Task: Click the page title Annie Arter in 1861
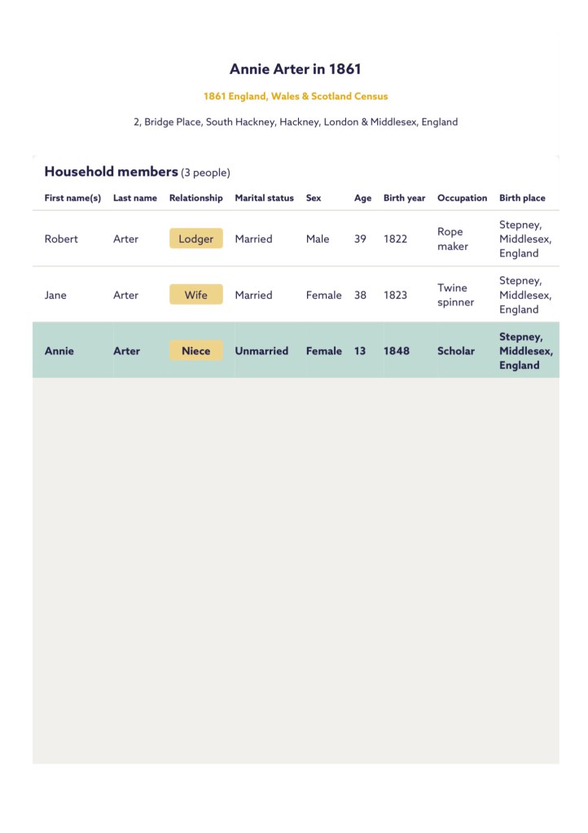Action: point(295,69)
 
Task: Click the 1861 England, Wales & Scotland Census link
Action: point(296,96)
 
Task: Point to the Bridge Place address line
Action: point(296,122)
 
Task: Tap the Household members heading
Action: point(111,172)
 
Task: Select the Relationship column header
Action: point(195,198)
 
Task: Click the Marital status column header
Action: point(264,198)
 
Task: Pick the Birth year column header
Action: point(404,198)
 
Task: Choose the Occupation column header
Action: point(462,198)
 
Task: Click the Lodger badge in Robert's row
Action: point(195,239)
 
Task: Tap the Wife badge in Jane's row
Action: point(195,295)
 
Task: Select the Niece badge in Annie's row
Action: point(195,351)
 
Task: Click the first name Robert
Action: point(61,239)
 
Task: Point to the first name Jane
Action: point(55,295)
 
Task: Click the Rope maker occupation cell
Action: point(453,239)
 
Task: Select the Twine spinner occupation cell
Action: point(455,295)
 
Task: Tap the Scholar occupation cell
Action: point(455,351)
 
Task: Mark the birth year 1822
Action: point(395,239)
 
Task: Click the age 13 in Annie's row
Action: point(360,351)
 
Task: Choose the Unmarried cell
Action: point(261,351)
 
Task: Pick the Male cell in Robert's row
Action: point(318,239)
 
